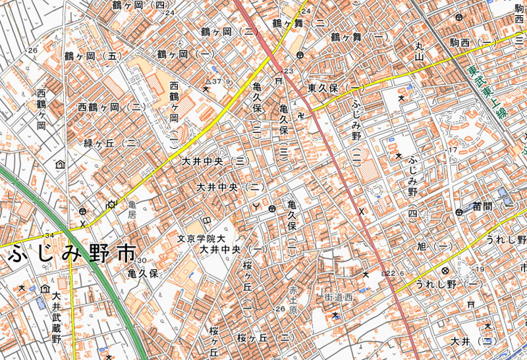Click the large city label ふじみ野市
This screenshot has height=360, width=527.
[x=71, y=254]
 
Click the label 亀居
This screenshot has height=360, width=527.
[x=131, y=210]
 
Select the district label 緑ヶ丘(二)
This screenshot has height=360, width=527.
[x=111, y=143]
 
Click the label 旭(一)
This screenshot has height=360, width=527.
[x=433, y=246]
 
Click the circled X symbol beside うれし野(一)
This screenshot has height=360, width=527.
[x=445, y=270]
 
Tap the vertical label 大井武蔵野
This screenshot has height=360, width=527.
[x=57, y=319]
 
